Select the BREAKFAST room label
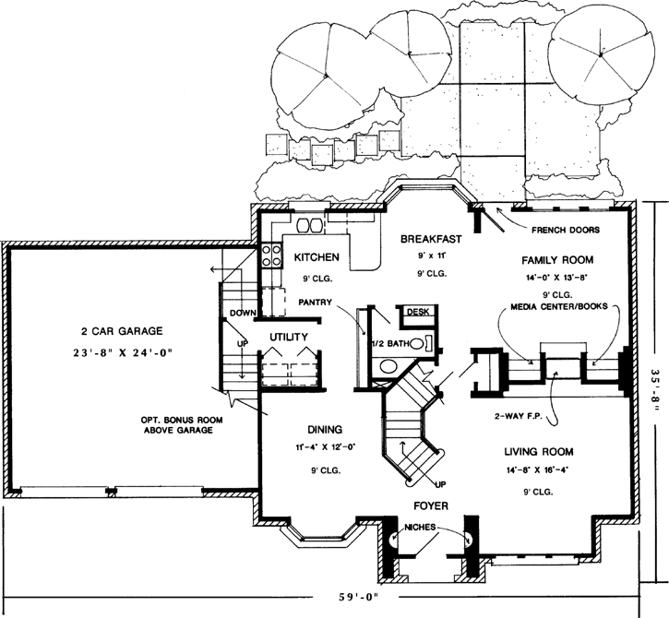coord(424,239)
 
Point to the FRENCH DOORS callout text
coord(567,229)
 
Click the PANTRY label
coord(317,302)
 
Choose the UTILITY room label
coord(288,338)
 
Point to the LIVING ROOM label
coord(539,452)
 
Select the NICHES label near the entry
coord(419,529)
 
